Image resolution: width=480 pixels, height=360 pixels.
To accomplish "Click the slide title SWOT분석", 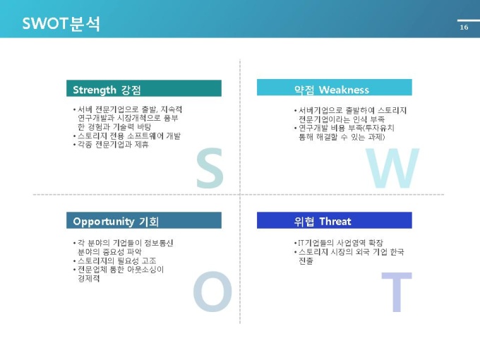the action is pyautogui.click(x=61, y=23).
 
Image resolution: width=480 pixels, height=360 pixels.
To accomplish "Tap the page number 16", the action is pyautogui.click(x=464, y=28).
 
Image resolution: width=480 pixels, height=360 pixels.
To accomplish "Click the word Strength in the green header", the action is pyautogui.click(x=95, y=90).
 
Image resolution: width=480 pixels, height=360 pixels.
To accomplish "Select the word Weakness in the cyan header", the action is pyautogui.click(x=344, y=90).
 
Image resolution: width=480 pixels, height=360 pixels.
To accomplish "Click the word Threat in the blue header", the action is pyautogui.click(x=335, y=222).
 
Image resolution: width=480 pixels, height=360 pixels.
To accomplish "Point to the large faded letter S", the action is pyautogui.click(x=210, y=168).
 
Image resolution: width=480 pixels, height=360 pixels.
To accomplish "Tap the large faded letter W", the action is pyautogui.click(x=392, y=168).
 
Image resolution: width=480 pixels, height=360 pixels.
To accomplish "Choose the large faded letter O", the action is pyautogui.click(x=212, y=292).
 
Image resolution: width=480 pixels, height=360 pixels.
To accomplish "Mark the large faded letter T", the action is pyautogui.click(x=397, y=292).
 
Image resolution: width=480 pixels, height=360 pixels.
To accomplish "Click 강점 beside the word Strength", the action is pyautogui.click(x=131, y=90).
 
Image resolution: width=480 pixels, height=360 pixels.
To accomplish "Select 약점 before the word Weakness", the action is pyautogui.click(x=304, y=90).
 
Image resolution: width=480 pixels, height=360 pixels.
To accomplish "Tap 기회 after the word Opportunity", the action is pyautogui.click(x=149, y=222).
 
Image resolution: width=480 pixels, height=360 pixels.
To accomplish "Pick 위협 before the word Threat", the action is pyautogui.click(x=304, y=222).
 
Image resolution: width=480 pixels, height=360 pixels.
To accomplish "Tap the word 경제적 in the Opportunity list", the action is pyautogui.click(x=89, y=279).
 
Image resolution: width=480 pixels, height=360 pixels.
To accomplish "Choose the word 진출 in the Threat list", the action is pyautogui.click(x=306, y=261).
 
